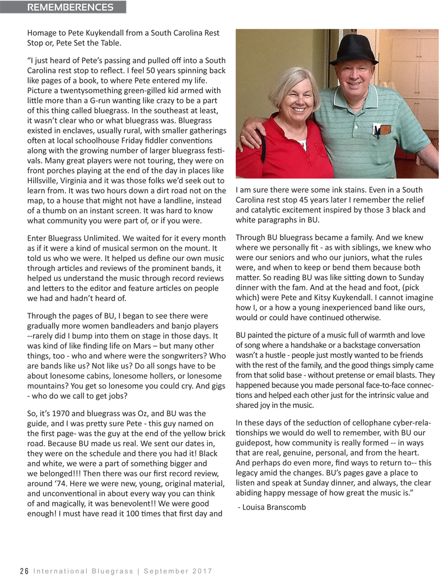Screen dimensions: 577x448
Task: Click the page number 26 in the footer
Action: pos(24,571)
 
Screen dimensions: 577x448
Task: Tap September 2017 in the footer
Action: pos(179,571)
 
